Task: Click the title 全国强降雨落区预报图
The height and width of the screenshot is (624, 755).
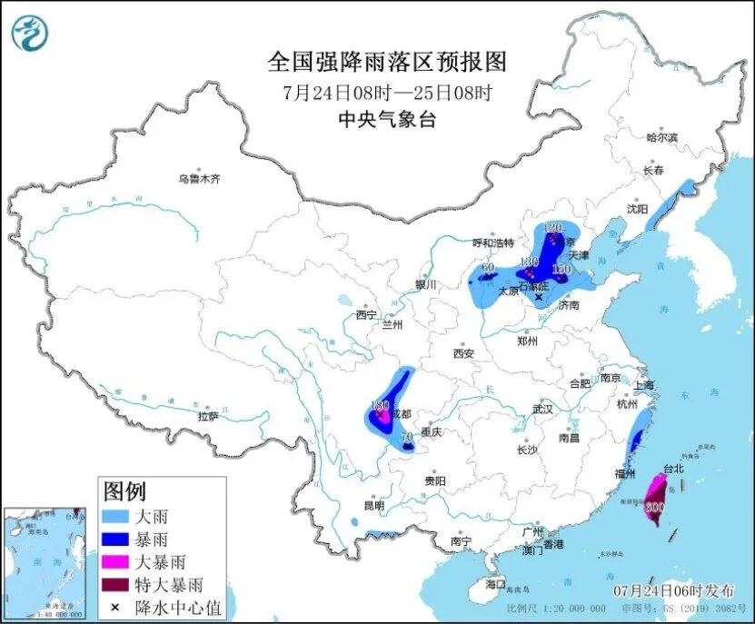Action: coord(387,62)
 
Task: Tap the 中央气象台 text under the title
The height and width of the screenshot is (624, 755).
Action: coord(387,118)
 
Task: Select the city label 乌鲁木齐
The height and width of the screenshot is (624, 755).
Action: coord(199,179)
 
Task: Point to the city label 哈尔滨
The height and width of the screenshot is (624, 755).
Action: coord(661,137)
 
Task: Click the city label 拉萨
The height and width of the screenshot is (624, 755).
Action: coord(208,416)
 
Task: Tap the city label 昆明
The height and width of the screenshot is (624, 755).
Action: coord(373,505)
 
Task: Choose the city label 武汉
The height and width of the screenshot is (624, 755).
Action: coord(542,409)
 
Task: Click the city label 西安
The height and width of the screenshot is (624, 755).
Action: coord(463,352)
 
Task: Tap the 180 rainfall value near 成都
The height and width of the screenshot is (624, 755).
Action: coord(380,405)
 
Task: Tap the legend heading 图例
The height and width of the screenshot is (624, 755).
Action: coord(124,492)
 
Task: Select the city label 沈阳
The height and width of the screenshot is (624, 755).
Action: coord(637,208)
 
